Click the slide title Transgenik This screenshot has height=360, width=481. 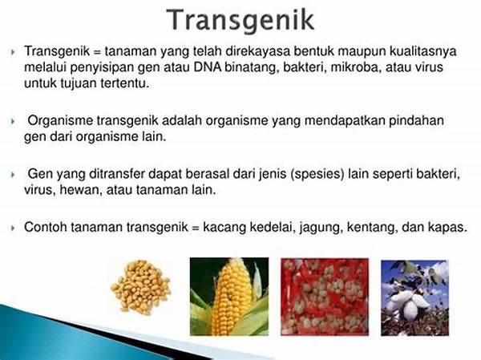point(240,21)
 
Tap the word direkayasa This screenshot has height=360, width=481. point(257,51)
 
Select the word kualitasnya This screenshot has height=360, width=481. point(423,52)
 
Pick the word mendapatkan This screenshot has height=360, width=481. point(345,121)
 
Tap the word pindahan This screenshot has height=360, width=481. point(416,121)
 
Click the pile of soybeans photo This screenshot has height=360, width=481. point(141,287)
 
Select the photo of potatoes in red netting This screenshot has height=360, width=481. point(325,297)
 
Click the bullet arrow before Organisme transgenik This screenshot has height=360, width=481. point(13,122)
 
